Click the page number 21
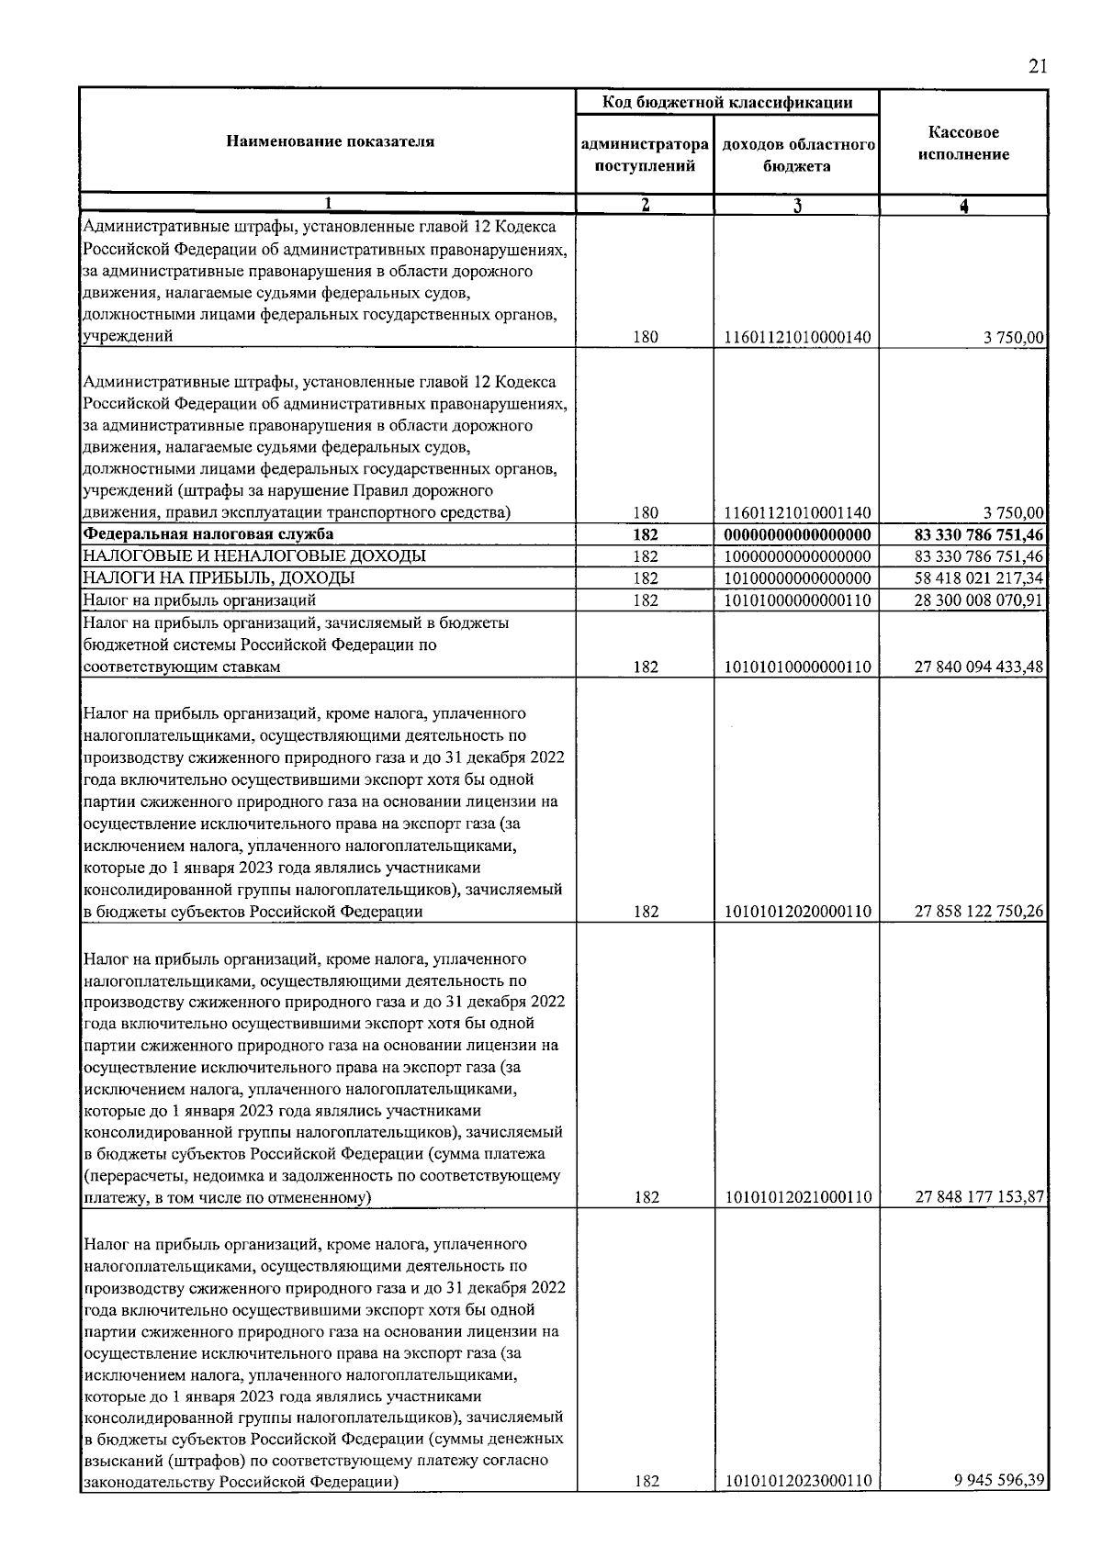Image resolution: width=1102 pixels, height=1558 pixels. click(x=1037, y=66)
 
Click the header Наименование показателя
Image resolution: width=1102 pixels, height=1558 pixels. click(x=330, y=141)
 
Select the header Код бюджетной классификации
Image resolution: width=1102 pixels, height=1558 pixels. click(x=726, y=102)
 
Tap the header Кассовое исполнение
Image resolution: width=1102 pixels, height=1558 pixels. click(x=962, y=143)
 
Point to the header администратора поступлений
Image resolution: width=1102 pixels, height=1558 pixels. click(x=645, y=155)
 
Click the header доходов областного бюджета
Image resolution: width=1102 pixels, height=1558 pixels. click(x=796, y=155)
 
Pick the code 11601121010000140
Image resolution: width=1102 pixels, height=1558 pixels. click(x=797, y=338)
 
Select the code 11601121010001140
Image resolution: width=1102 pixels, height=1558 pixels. click(x=797, y=513)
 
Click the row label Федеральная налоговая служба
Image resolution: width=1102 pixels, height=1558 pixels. click(x=208, y=534)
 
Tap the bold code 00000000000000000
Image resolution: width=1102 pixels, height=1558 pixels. click(x=797, y=534)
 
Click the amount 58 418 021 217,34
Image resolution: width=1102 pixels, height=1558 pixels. click(x=979, y=578)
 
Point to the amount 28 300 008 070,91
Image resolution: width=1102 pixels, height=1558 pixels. click(x=979, y=600)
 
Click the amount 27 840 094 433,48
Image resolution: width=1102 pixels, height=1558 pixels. click(x=979, y=667)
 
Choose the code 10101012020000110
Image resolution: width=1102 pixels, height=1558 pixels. click(x=797, y=912)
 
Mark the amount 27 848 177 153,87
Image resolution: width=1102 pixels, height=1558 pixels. click(x=979, y=1197)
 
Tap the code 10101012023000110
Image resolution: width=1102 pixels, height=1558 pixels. click(x=797, y=1481)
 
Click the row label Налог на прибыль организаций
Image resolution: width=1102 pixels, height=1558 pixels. click(x=200, y=600)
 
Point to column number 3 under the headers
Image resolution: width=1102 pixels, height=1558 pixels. click(x=796, y=206)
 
